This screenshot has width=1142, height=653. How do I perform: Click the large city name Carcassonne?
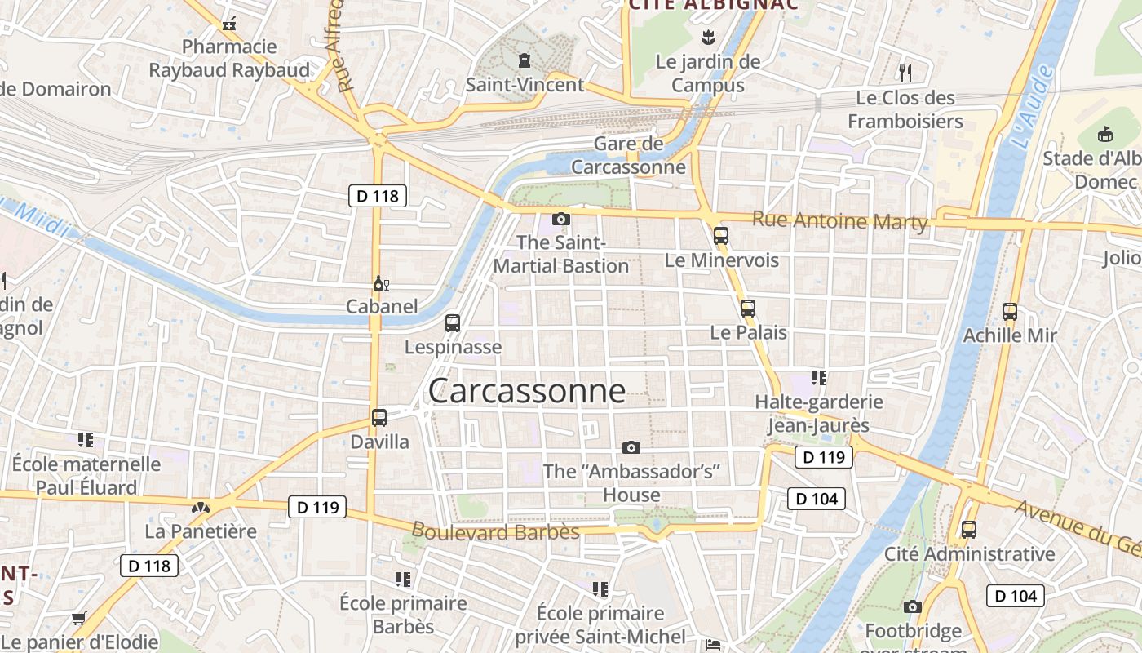[527, 391]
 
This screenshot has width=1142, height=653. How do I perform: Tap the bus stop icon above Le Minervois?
[720, 236]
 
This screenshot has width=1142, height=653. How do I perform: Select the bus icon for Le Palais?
[747, 309]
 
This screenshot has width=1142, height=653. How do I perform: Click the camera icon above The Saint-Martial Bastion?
[561, 219]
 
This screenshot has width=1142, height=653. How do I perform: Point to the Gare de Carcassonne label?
[628, 156]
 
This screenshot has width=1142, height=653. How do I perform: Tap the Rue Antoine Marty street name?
[839, 220]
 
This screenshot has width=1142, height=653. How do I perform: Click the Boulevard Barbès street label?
[495, 531]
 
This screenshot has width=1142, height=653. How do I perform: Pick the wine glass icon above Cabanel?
[380, 284]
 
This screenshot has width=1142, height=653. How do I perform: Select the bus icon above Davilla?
[379, 418]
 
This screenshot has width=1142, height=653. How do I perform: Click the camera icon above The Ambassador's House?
[631, 447]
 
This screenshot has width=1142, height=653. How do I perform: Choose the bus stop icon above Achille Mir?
[1010, 312]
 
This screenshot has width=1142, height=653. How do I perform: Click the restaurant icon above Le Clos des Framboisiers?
[905, 73]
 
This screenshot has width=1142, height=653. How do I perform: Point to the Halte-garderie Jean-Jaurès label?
[818, 413]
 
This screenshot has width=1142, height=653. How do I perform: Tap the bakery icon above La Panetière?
[200, 508]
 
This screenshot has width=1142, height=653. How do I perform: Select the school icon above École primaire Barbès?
[402, 580]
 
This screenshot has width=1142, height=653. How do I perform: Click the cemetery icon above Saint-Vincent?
[524, 60]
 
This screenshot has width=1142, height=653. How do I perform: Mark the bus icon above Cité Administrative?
[969, 529]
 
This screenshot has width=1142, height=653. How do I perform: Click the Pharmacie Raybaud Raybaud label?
[229, 58]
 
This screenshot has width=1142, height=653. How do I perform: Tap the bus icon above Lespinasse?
[453, 323]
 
